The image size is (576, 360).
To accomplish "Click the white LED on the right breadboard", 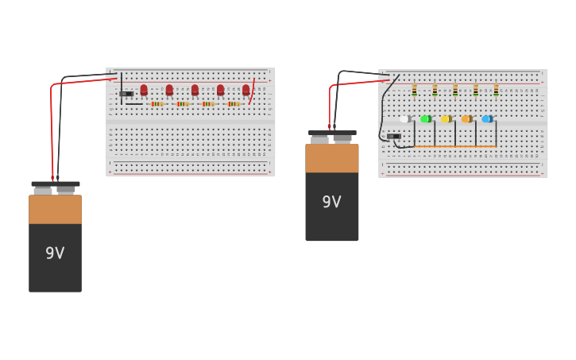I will (405, 119).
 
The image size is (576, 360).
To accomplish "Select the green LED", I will (426, 119).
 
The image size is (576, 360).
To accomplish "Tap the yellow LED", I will (446, 119).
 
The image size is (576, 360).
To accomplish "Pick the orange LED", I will (466, 119).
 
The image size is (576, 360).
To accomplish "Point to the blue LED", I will (487, 119).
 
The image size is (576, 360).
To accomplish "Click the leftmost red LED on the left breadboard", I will (144, 91).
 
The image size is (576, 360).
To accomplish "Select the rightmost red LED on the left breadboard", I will (245, 91).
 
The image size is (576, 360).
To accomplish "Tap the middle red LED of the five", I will (195, 91).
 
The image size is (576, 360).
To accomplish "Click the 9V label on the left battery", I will (55, 254).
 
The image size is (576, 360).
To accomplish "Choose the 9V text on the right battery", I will (331, 202).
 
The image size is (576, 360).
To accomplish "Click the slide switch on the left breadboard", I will (126, 94).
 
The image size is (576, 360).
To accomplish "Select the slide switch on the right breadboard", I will (394, 136).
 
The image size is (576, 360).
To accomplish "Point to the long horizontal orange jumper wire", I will (454, 147).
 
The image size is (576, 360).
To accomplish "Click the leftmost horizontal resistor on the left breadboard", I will (157, 104).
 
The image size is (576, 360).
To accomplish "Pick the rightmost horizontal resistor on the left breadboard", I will (234, 104).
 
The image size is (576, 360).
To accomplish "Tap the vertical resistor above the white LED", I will (414, 91).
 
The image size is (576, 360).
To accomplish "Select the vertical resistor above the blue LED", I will (496, 91).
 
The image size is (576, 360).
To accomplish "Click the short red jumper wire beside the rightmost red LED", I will (253, 91).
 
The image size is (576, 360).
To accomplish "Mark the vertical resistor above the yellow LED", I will (455, 91).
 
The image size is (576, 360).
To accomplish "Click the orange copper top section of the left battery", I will (55, 209).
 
